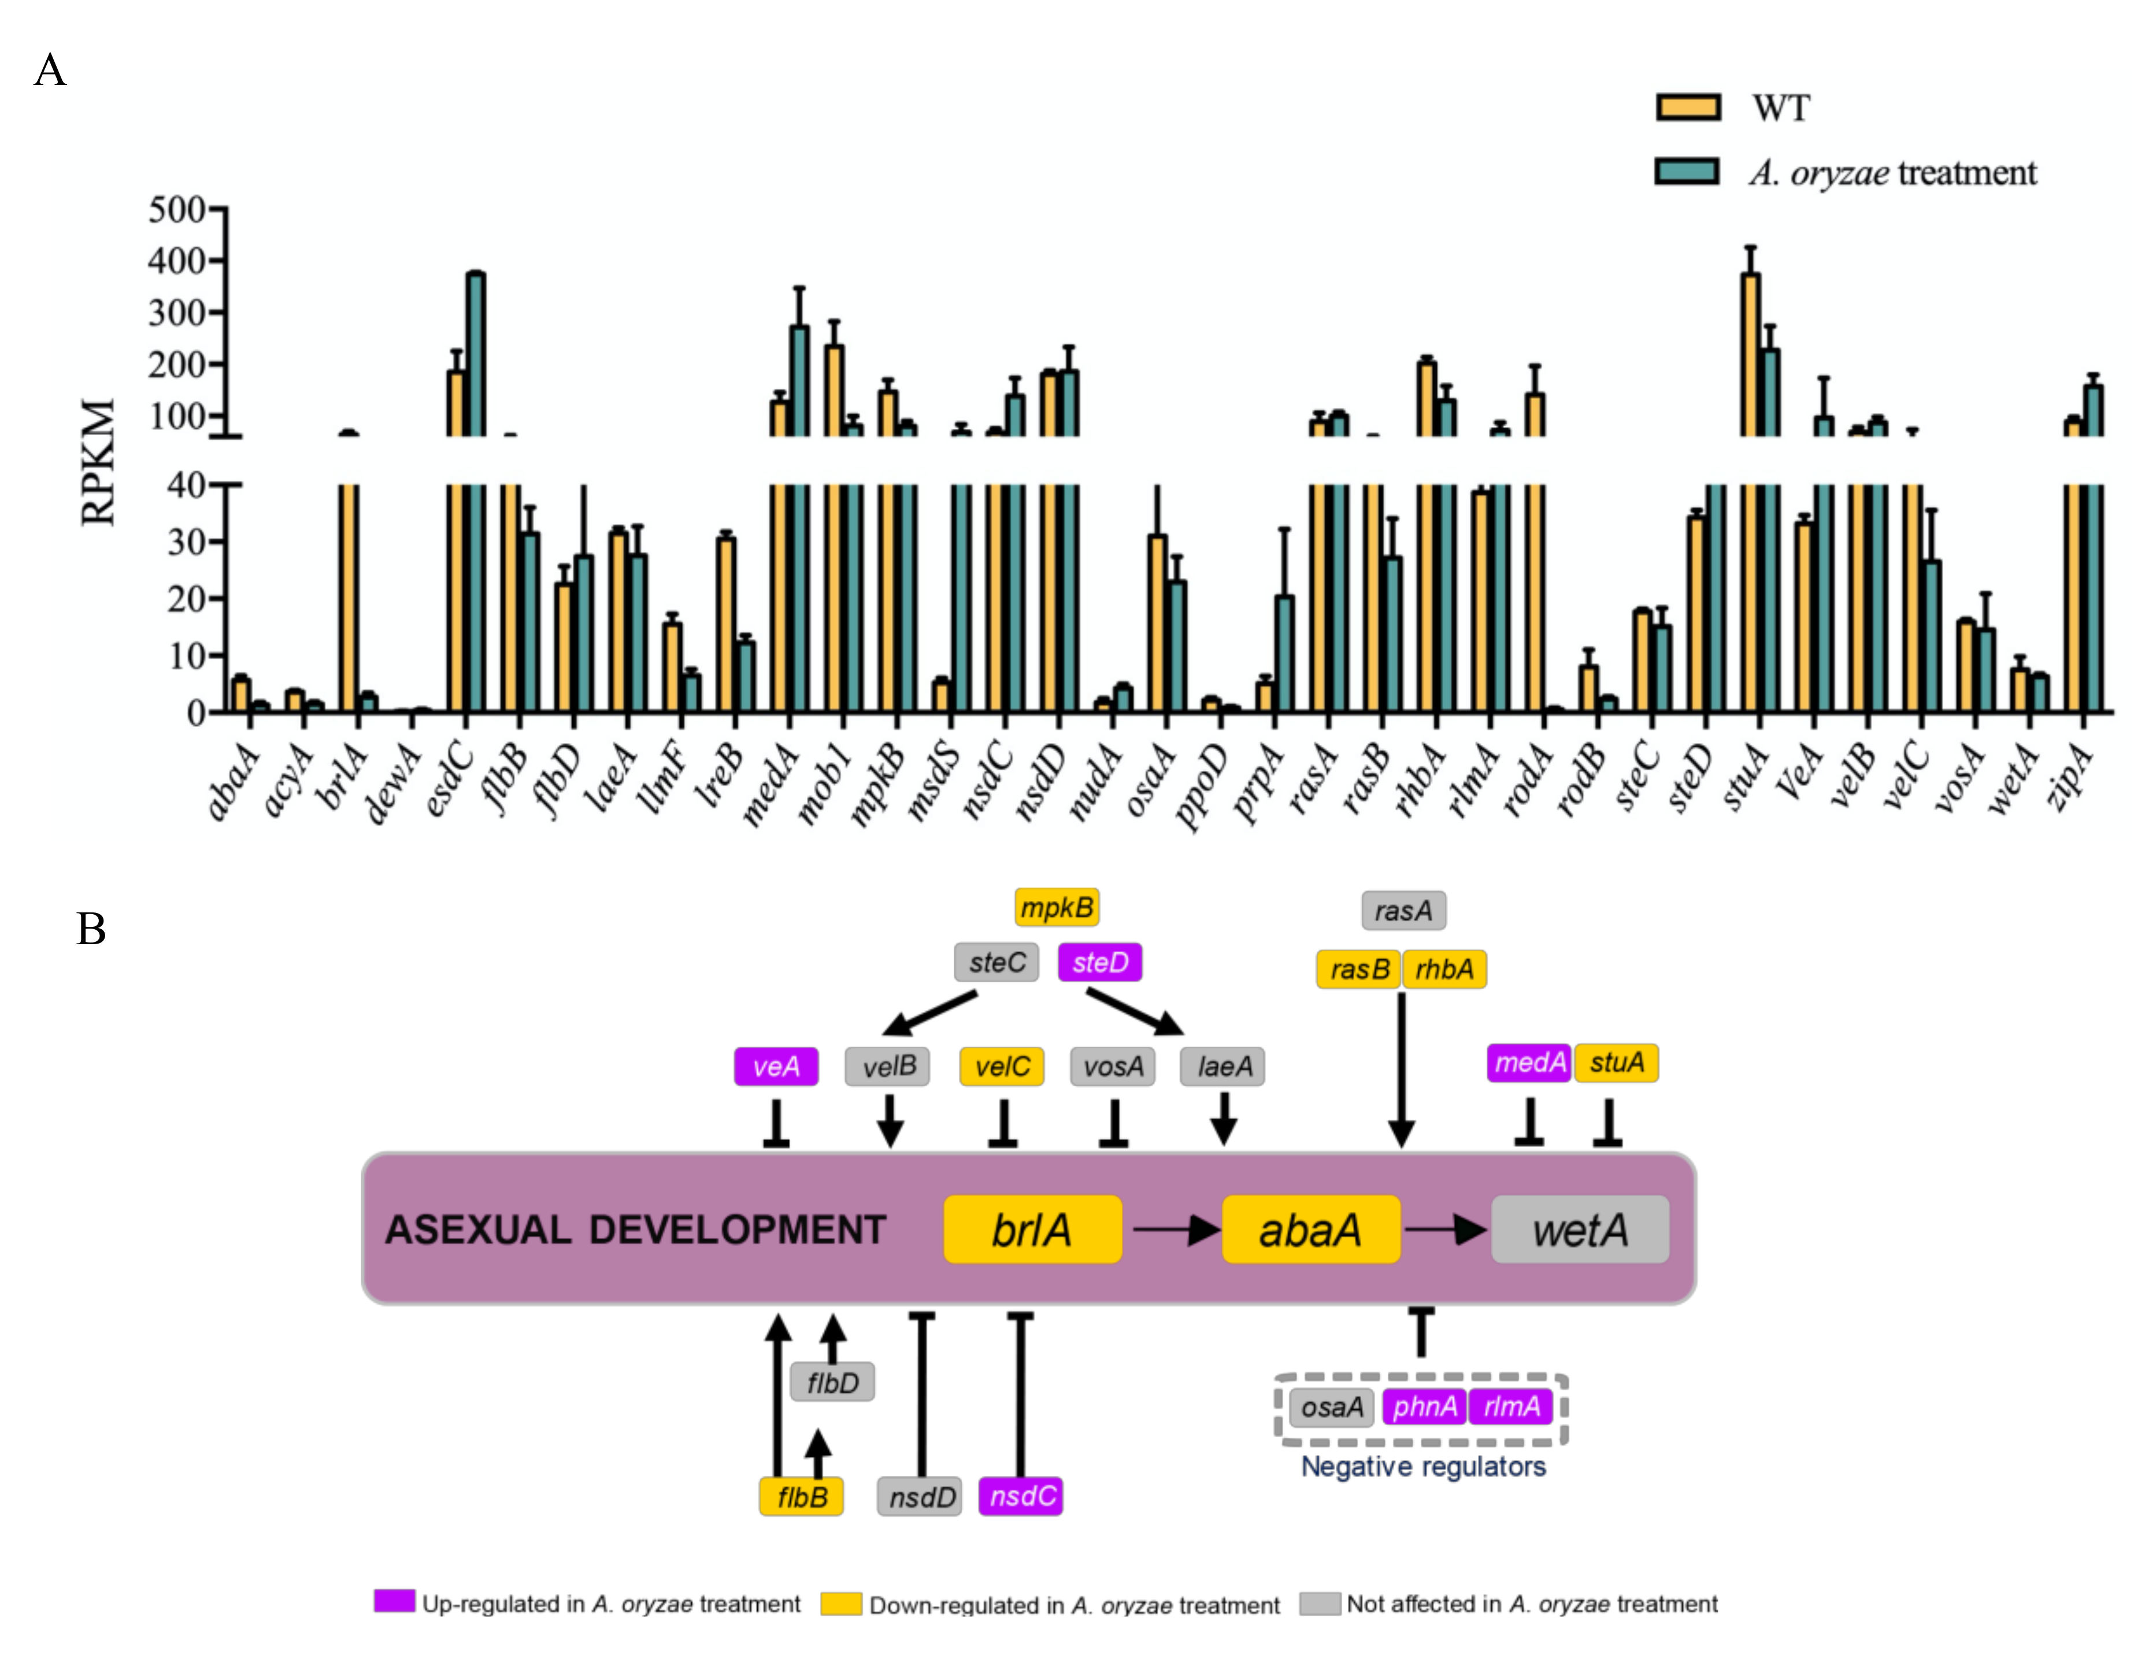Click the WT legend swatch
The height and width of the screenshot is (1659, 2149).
(1688, 106)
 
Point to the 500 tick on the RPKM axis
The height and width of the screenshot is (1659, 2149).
(176, 210)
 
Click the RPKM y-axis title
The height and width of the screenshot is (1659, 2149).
(98, 462)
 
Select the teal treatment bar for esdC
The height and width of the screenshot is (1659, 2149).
(476, 492)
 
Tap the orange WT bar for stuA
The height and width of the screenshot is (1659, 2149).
(1751, 492)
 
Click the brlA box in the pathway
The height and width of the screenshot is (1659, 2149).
(1032, 1229)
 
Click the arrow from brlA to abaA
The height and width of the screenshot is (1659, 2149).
(1174, 1229)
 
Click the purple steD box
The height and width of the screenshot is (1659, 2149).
(1100, 962)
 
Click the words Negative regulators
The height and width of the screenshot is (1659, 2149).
(1423, 1466)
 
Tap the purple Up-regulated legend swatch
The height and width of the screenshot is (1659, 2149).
(394, 1601)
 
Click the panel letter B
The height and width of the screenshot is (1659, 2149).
(91, 929)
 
